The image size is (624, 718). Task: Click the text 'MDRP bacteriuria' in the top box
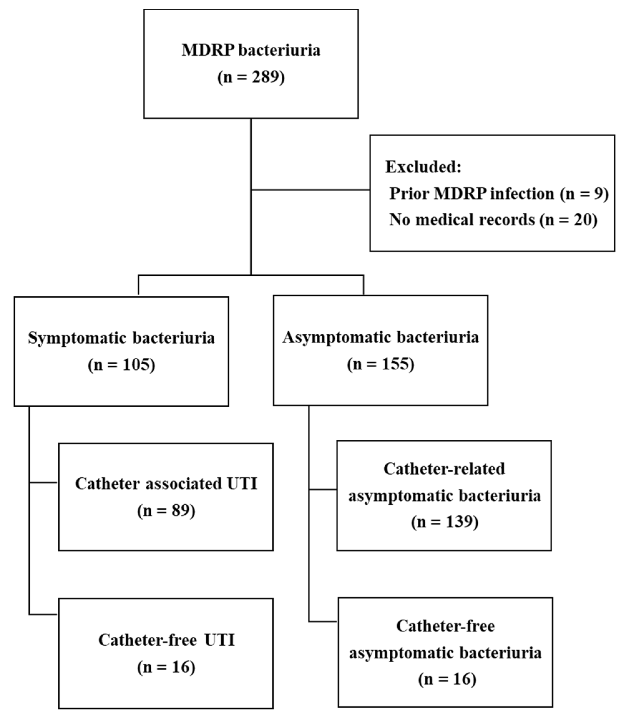point(251,50)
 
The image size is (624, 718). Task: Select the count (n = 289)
point(251,76)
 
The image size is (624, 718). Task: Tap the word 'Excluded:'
point(423,167)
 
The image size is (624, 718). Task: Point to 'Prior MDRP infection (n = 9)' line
point(499,193)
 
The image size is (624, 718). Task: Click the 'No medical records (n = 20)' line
point(493,220)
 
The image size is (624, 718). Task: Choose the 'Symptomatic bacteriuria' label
point(121,338)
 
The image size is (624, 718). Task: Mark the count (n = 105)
point(121,365)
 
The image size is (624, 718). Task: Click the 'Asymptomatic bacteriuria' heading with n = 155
point(381,337)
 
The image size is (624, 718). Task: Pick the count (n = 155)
point(381,364)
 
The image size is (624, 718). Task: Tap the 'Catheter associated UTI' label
point(166,484)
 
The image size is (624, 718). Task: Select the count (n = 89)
point(166,511)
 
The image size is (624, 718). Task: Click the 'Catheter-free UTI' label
point(166,640)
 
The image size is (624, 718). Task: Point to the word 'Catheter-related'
point(444,469)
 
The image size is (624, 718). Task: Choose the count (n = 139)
point(445,522)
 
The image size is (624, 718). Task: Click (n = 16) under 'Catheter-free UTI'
point(166,667)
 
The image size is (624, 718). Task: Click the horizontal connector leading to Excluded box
point(310,190)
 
